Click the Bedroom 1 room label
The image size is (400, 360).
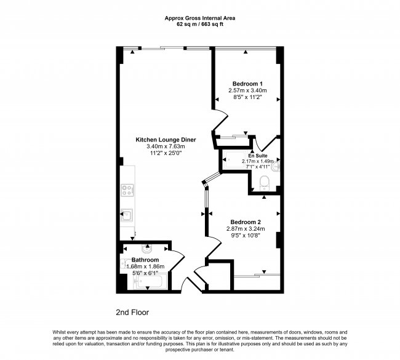coord(247,84)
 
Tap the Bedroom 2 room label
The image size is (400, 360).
coord(246,222)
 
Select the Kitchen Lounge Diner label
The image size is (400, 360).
coord(166,140)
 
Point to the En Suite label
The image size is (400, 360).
coord(258,156)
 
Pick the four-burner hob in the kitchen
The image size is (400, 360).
coord(127,190)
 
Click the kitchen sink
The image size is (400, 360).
coord(127,215)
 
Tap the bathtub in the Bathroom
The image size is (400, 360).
coord(148,283)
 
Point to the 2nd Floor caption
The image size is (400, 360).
coord(132,313)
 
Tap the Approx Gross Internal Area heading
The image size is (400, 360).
coord(199,18)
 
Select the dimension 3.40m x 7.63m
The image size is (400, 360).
coord(166,146)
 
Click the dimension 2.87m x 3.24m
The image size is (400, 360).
coord(246,228)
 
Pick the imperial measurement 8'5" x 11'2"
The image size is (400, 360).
coord(247,97)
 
